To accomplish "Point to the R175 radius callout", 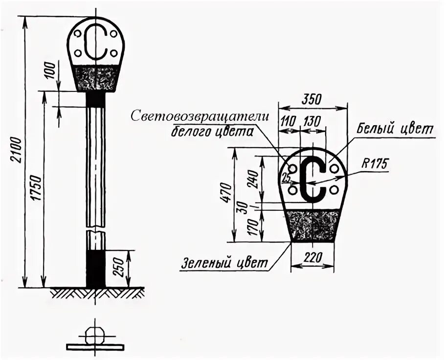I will (375, 164).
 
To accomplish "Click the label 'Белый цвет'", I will (395, 130).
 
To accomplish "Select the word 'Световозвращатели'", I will (200, 116).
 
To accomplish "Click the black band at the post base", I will (96, 268).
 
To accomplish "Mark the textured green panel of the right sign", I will (312, 225).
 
